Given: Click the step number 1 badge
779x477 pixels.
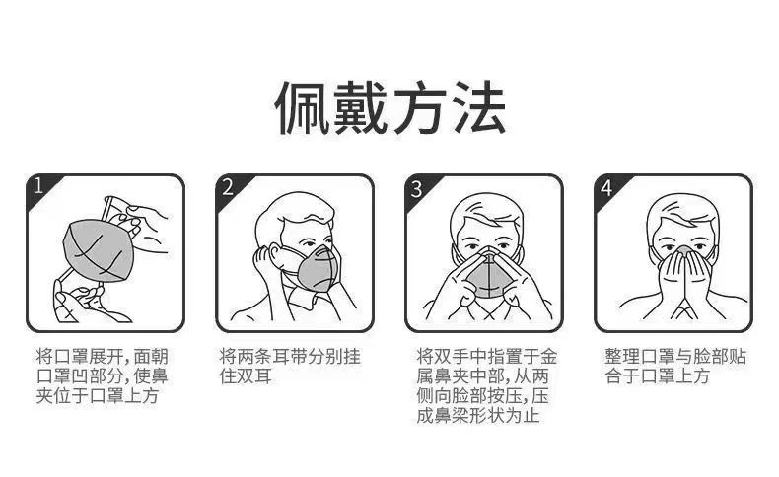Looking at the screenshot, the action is (38, 186).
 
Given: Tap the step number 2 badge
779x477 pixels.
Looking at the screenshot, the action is (228, 186).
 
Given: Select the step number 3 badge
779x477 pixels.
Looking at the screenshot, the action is (417, 187).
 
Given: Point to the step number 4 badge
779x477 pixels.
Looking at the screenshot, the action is (606, 187).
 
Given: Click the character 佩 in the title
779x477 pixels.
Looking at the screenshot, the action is (302, 107).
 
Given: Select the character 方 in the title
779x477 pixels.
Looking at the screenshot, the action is (419, 107).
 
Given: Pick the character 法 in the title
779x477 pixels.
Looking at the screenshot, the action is (478, 107).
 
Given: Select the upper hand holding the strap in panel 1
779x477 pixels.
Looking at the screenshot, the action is (144, 227).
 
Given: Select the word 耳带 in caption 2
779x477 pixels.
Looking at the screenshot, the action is (289, 357).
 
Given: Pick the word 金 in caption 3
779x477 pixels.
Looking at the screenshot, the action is (548, 357).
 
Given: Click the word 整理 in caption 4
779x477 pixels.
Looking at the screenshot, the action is (622, 357).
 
